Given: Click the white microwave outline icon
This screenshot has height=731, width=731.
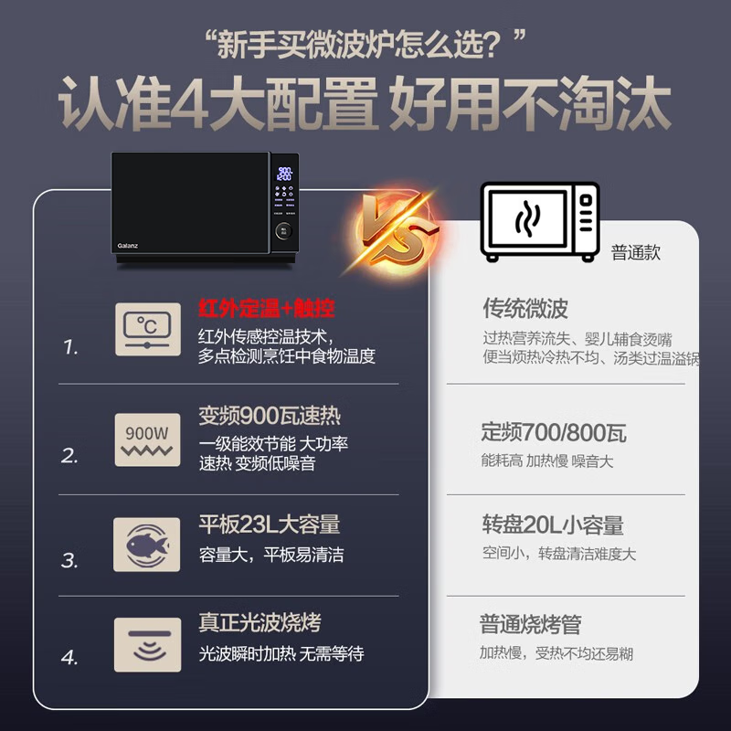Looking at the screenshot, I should pyautogui.click(x=539, y=221).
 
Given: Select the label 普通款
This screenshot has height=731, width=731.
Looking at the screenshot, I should pyautogui.click(x=636, y=253).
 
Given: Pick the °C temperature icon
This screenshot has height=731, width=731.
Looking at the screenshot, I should pyautogui.click(x=146, y=327).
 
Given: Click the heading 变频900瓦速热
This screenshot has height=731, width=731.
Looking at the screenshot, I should pyautogui.click(x=270, y=416).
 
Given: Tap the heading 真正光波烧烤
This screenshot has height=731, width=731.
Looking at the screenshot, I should pyautogui.click(x=260, y=624).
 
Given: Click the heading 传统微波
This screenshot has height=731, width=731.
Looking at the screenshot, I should pyautogui.click(x=524, y=308).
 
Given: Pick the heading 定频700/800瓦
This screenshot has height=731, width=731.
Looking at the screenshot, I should pyautogui.click(x=554, y=432).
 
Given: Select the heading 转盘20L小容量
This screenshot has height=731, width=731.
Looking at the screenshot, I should pyautogui.click(x=552, y=525).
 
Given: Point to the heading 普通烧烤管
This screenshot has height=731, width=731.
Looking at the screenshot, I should pyautogui.click(x=530, y=625).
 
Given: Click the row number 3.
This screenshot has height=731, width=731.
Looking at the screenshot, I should pyautogui.click(x=70, y=558).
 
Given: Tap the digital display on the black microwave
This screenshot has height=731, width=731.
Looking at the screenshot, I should pyautogui.click(x=285, y=172).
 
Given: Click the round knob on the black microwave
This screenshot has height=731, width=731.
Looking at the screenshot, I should pyautogui.click(x=284, y=231).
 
